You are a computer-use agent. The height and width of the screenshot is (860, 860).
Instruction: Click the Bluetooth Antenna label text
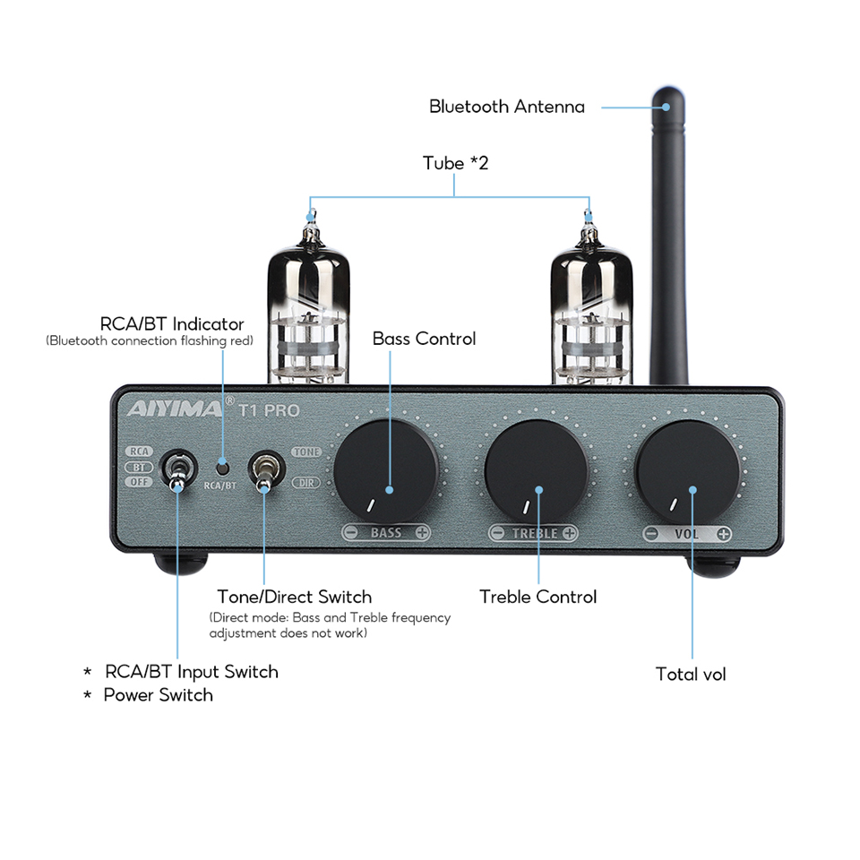coord(506,107)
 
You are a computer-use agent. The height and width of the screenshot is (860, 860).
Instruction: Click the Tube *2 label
coord(455,163)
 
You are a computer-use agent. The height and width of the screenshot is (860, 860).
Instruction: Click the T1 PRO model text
coord(269,411)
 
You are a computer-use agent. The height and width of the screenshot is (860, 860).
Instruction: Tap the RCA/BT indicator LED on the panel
coord(221,466)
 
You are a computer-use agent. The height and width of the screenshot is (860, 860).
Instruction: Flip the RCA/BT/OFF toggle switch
coord(176,471)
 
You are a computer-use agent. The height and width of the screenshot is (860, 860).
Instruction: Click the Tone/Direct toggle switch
coord(264,471)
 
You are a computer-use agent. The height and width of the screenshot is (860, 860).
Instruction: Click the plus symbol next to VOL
coord(723,534)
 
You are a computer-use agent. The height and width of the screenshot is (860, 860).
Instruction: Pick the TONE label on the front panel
coord(306,452)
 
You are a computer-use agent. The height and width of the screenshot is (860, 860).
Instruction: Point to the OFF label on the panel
coord(139,482)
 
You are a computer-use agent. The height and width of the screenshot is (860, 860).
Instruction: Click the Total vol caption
coord(691,675)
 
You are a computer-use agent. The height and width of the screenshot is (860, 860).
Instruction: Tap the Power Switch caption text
coord(158,695)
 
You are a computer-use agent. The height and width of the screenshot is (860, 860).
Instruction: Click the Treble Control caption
coord(537,597)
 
